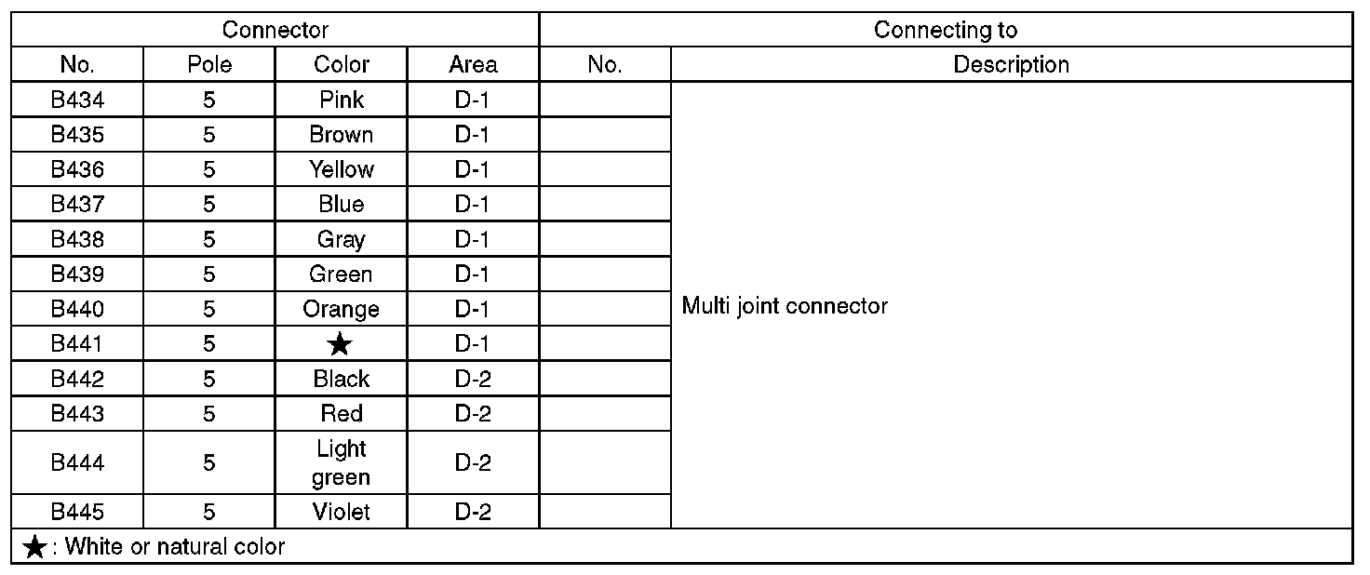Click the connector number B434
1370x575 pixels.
click(77, 100)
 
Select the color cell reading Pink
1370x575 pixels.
click(342, 100)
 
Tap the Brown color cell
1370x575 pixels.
click(342, 135)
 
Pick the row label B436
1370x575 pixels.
click(77, 169)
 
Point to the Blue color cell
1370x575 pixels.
click(342, 205)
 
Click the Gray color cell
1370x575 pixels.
click(342, 239)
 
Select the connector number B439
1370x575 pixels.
click(77, 274)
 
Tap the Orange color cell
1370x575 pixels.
click(342, 309)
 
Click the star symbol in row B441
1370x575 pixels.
click(341, 345)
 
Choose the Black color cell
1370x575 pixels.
click(342, 379)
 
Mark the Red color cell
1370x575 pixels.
click(342, 414)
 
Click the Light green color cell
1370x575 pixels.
click(342, 463)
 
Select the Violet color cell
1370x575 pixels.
click(342, 512)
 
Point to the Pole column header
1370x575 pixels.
click(209, 65)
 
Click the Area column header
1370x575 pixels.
click(473, 65)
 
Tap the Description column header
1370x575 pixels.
click(1011, 65)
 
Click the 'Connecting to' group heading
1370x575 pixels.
click(946, 30)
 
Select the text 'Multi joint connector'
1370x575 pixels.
click(785, 306)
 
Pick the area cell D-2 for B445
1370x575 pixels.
click(473, 512)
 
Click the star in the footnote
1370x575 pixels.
click(34, 547)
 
